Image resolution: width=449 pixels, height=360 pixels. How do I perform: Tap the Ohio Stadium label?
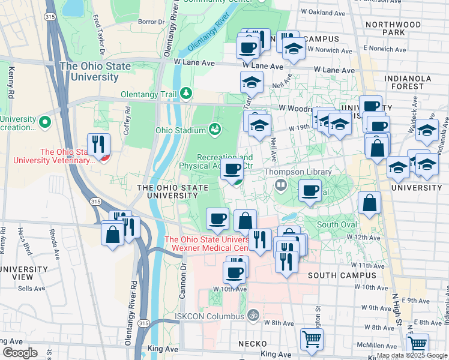tap(179, 129)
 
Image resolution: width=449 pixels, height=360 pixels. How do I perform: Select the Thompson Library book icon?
tap(280, 185)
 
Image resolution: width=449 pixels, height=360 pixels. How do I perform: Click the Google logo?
tap(20, 353)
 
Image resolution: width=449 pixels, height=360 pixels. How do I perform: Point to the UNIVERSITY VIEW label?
tap(16, 272)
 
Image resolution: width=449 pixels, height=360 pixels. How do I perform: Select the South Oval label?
tap(337, 224)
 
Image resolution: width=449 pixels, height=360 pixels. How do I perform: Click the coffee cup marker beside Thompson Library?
tap(310, 191)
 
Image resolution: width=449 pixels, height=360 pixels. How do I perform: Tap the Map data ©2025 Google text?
tap(411, 355)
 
